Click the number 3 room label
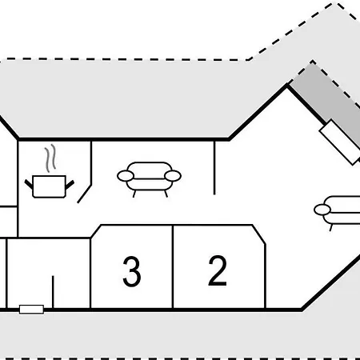(x=132, y=271)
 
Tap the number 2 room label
(x=218, y=270)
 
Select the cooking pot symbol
(x=50, y=186)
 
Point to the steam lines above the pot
(x=50, y=158)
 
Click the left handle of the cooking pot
(x=29, y=183)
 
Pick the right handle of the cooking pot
(x=70, y=184)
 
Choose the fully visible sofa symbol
(x=149, y=179)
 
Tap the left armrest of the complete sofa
(x=126, y=176)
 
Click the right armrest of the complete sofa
(x=173, y=176)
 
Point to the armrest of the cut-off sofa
(x=322, y=210)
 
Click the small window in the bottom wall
(x=31, y=310)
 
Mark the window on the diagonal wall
(x=340, y=142)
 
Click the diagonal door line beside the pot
(x=85, y=194)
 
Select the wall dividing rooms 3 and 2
(x=173, y=266)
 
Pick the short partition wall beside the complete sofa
(x=214, y=168)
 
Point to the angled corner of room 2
(x=258, y=234)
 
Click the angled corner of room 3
(x=96, y=231)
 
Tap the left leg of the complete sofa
(x=134, y=194)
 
